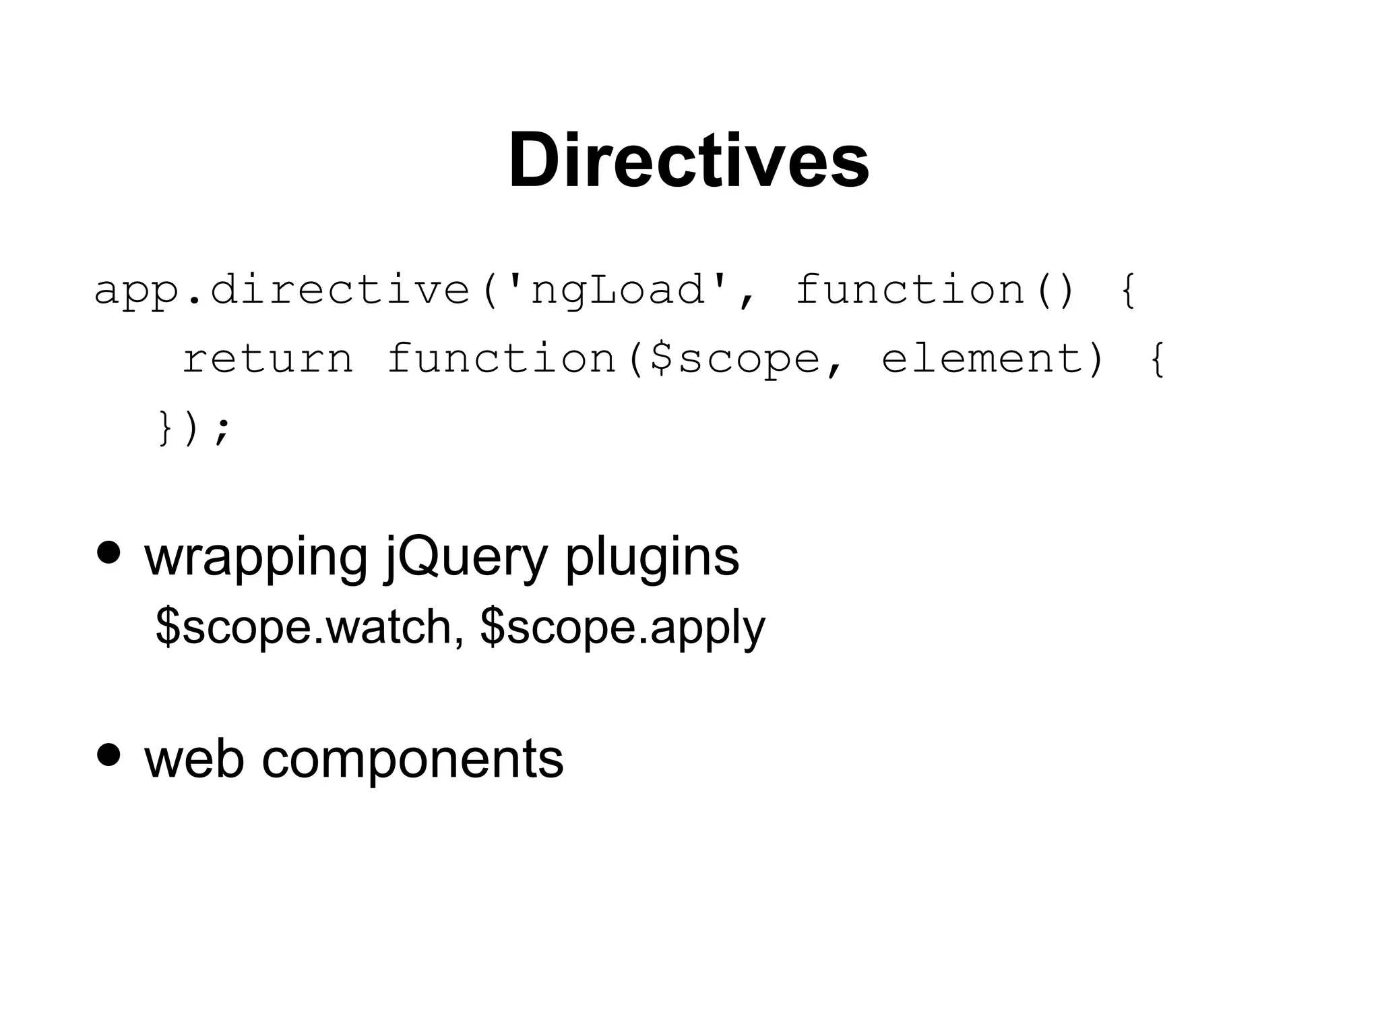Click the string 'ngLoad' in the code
coord(618,291)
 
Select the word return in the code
coord(268,359)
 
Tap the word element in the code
coord(984,359)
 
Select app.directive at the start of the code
coord(282,291)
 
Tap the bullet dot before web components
coord(108,755)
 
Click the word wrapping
coord(256,558)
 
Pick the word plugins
coord(652,558)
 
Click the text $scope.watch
coord(303,627)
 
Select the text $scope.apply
coord(623,627)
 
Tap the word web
coord(194,759)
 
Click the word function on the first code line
coord(910,291)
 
